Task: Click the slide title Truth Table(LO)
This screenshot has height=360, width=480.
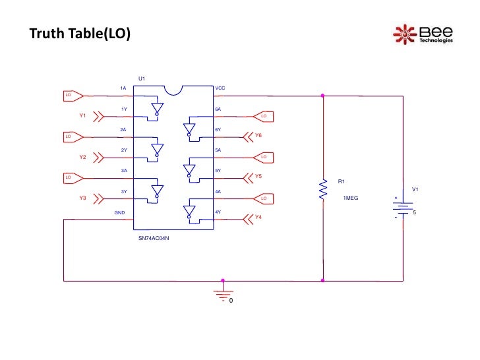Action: pos(80,34)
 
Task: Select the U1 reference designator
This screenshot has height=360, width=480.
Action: pos(142,79)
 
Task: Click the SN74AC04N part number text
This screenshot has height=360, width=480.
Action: pos(154,237)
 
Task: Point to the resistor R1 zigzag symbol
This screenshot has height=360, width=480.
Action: pos(323,189)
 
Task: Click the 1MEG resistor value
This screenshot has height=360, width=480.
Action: pos(351,198)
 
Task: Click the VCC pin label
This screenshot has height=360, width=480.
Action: pos(221,88)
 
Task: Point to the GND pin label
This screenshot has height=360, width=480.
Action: pos(120,213)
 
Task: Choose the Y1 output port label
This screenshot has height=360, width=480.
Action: pos(83,116)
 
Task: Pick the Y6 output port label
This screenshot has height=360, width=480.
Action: pos(258,136)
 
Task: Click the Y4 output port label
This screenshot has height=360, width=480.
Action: pos(258,218)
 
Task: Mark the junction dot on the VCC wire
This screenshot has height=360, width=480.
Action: pos(323,96)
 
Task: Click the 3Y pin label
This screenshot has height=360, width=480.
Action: pos(124,192)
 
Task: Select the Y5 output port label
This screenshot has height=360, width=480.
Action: pos(258,177)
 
